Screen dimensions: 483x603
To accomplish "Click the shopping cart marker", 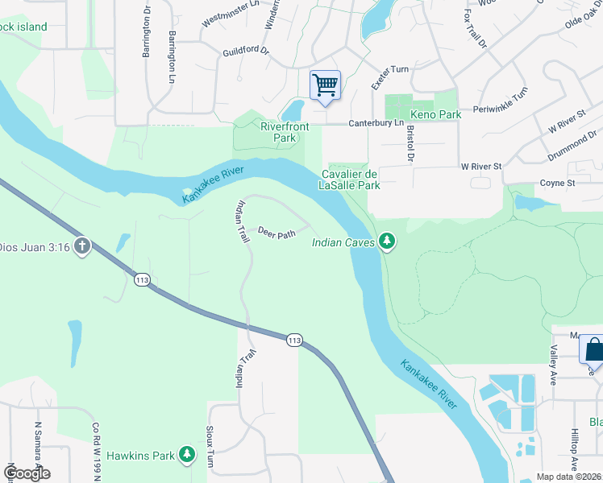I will [325, 85].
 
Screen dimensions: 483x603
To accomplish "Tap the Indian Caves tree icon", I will [388, 241].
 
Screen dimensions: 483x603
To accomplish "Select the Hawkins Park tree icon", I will [187, 456].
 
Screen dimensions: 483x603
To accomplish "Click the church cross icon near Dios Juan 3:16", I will [81, 246].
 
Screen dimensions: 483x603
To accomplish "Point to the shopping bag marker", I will [593, 349].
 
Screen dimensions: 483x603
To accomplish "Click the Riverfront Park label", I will [279, 132].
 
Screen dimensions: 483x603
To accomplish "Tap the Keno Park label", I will [436, 115].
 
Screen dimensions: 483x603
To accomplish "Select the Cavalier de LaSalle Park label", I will [351, 180].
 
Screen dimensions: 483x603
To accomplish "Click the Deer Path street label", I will [277, 233].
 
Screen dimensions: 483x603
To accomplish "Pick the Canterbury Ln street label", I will [376, 123].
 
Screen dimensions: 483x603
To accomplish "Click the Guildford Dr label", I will [246, 51].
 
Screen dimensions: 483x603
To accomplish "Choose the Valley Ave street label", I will [554, 366].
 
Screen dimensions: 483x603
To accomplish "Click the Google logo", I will [27, 473].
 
